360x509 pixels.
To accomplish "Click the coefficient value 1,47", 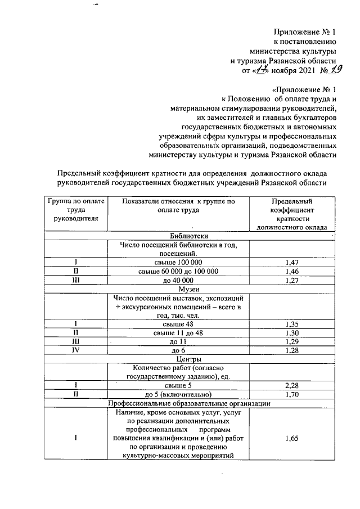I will (291, 263).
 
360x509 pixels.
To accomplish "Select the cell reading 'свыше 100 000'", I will (178, 263).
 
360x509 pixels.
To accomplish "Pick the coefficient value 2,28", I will (291, 385).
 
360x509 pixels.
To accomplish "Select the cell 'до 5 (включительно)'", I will (178, 394).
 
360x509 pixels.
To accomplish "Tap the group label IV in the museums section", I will (75, 350).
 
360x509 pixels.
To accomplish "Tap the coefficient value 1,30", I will (291, 332).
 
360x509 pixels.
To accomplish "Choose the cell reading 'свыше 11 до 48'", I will (178, 332).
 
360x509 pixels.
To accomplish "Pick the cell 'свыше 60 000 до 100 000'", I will (178, 271).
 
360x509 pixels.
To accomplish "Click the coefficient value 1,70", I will (291, 394).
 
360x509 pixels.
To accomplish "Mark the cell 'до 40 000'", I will (178, 280).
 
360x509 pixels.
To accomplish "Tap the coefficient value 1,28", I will (291, 350).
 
